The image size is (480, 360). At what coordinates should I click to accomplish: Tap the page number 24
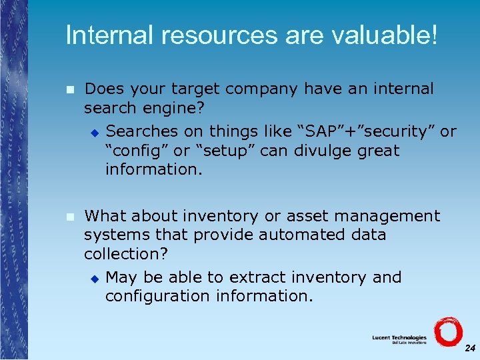(x=470, y=348)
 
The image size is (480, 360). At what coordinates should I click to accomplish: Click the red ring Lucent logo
(x=447, y=331)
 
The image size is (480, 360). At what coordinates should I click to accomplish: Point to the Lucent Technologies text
(x=399, y=337)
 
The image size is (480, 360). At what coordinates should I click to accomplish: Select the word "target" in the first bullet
(x=195, y=89)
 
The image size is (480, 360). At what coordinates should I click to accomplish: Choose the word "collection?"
(x=127, y=253)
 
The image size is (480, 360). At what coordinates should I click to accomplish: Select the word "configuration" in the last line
(x=158, y=296)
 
